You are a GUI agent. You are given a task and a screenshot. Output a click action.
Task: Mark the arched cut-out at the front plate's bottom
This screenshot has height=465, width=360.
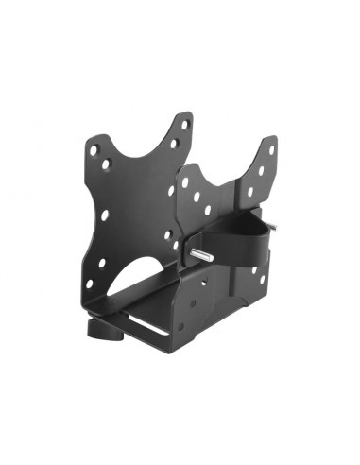point(132,284)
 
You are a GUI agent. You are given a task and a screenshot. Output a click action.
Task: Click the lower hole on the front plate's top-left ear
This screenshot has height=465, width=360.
point(107,164)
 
